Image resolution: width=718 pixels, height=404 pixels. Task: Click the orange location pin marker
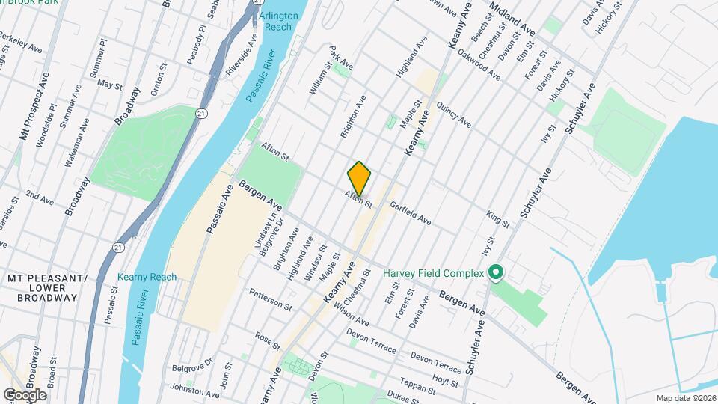click(359, 179)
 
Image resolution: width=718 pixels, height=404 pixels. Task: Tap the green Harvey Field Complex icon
click(494, 273)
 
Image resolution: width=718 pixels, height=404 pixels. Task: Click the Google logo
click(25, 394)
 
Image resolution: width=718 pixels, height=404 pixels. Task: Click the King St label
click(497, 219)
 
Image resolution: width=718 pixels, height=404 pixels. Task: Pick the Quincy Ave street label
click(453, 115)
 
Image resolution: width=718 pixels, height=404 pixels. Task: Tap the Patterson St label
click(270, 299)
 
